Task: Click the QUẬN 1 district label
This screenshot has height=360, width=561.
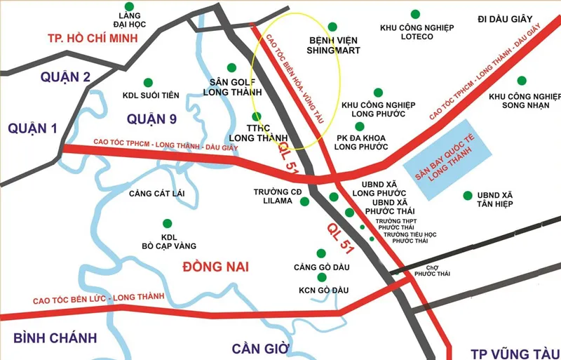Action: click(34, 127)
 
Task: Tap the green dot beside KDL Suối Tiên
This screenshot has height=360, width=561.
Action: click(147, 82)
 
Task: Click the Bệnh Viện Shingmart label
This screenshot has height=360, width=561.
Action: click(334, 45)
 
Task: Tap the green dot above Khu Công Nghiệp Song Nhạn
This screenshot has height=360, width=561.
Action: click(521, 81)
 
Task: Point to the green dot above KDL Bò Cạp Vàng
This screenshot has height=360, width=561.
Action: click(168, 222)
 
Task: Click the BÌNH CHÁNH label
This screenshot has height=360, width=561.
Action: click(55, 338)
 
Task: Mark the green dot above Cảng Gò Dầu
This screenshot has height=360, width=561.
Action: click(321, 253)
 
